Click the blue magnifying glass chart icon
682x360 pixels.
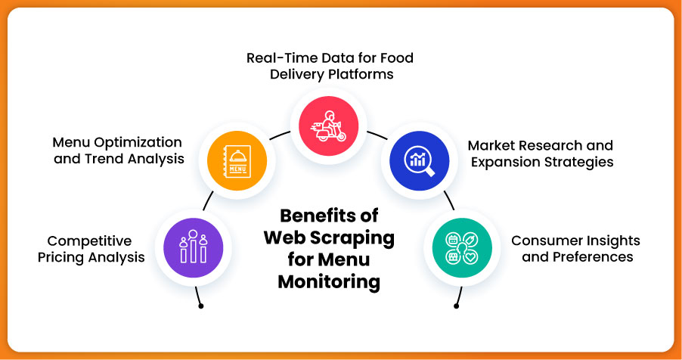tap(419, 159)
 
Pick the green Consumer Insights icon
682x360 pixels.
tap(461, 248)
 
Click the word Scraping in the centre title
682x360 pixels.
tap(355, 238)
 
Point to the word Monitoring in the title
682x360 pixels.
tap(328, 282)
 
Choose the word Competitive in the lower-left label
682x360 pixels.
tap(89, 241)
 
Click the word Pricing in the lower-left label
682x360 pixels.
tap(72, 258)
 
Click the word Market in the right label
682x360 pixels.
tap(492, 145)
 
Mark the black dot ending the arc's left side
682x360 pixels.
tap(200, 306)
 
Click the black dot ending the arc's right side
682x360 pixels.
tap(456, 306)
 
